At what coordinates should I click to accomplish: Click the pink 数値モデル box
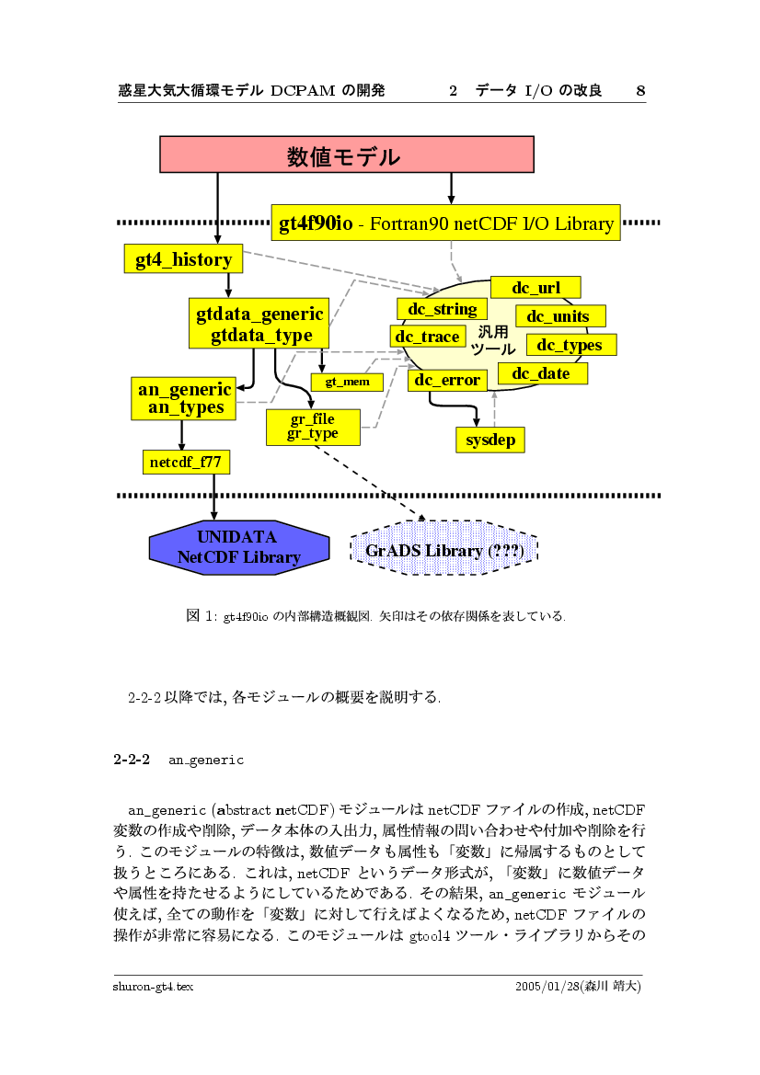click(x=347, y=154)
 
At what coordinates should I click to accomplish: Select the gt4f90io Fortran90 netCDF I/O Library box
click(x=446, y=223)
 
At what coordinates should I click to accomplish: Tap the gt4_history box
click(x=183, y=259)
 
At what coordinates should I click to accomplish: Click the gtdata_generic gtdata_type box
click(x=260, y=325)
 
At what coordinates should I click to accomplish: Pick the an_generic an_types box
click(x=185, y=398)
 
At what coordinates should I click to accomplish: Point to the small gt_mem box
click(x=347, y=381)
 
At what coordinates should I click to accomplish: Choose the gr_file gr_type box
click(x=312, y=427)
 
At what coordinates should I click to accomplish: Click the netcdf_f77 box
click(x=186, y=462)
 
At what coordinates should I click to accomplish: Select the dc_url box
click(x=535, y=288)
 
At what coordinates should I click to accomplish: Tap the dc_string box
click(x=443, y=309)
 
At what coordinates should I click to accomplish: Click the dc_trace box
click(x=427, y=337)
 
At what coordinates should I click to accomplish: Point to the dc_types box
click(x=570, y=345)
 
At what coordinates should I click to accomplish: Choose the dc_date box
click(x=541, y=373)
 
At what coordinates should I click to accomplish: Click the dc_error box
click(x=447, y=380)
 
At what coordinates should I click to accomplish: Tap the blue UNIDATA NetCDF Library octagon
click(x=238, y=548)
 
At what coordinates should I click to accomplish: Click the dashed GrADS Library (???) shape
click(x=443, y=551)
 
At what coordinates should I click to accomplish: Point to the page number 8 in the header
click(x=640, y=90)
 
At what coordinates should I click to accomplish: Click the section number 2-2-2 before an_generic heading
click(x=132, y=761)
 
